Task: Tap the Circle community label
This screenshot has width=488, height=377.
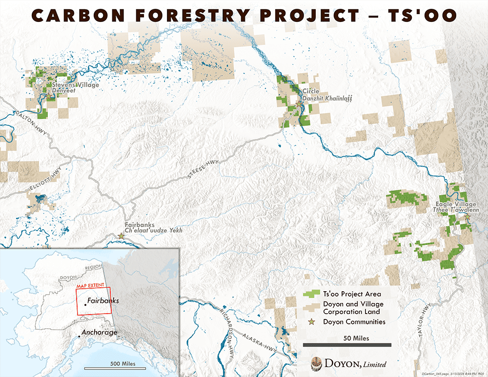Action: [310, 91]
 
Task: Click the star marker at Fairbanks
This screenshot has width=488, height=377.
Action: [121, 236]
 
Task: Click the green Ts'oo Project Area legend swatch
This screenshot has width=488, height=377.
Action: [309, 294]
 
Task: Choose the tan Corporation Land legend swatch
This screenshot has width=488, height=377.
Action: [309, 307]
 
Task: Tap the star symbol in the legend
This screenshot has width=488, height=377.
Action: [309, 321]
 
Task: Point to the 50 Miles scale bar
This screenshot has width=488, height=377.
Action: [347, 345]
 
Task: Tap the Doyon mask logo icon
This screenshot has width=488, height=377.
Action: [317, 363]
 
